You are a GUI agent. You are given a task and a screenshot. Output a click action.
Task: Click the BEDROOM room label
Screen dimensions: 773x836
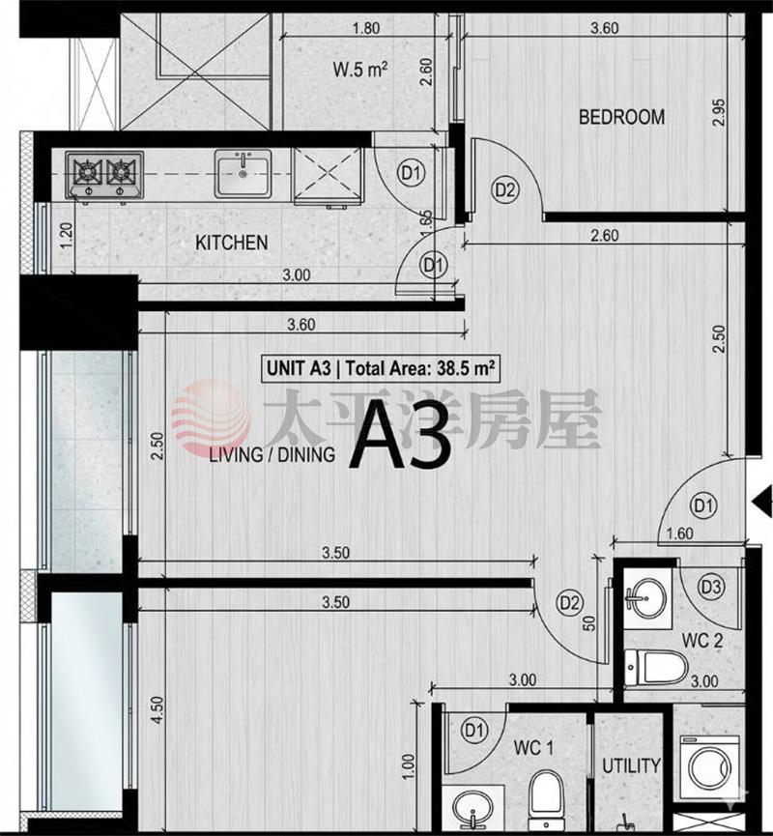tap(621, 117)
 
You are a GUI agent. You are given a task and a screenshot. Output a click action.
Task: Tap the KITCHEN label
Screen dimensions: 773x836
tap(231, 243)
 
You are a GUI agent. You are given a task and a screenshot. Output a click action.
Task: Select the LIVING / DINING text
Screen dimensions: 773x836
tap(272, 454)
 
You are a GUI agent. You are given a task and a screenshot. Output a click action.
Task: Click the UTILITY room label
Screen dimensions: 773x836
tap(631, 765)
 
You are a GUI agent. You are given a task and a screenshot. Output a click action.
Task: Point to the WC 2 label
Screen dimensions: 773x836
tap(702, 641)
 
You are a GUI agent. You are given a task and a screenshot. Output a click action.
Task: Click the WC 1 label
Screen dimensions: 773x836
tap(533, 747)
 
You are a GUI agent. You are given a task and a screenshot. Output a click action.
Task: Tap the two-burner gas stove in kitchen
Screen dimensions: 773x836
tap(104, 175)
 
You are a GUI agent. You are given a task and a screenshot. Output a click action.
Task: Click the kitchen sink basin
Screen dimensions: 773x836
tap(243, 173)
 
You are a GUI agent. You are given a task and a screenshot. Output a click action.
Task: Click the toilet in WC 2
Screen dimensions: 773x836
tap(656, 667)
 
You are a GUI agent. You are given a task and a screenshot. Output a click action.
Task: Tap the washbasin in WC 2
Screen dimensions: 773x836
tap(646, 598)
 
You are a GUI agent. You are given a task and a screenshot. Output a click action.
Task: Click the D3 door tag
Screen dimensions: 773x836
tap(711, 587)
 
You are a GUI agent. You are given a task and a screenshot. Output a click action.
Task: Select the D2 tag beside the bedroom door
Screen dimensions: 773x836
tap(504, 189)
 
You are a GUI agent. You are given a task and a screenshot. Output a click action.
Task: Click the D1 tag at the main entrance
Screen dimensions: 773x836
tap(703, 505)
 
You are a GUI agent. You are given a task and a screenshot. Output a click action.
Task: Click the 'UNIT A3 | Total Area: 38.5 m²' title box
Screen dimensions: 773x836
tap(381, 368)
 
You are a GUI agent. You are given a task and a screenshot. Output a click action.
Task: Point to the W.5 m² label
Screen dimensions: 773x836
tap(359, 70)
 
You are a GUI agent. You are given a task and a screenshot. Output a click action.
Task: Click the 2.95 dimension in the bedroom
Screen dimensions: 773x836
tap(719, 112)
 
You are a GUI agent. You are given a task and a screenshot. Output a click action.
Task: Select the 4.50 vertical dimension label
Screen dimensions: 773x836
tap(157, 709)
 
